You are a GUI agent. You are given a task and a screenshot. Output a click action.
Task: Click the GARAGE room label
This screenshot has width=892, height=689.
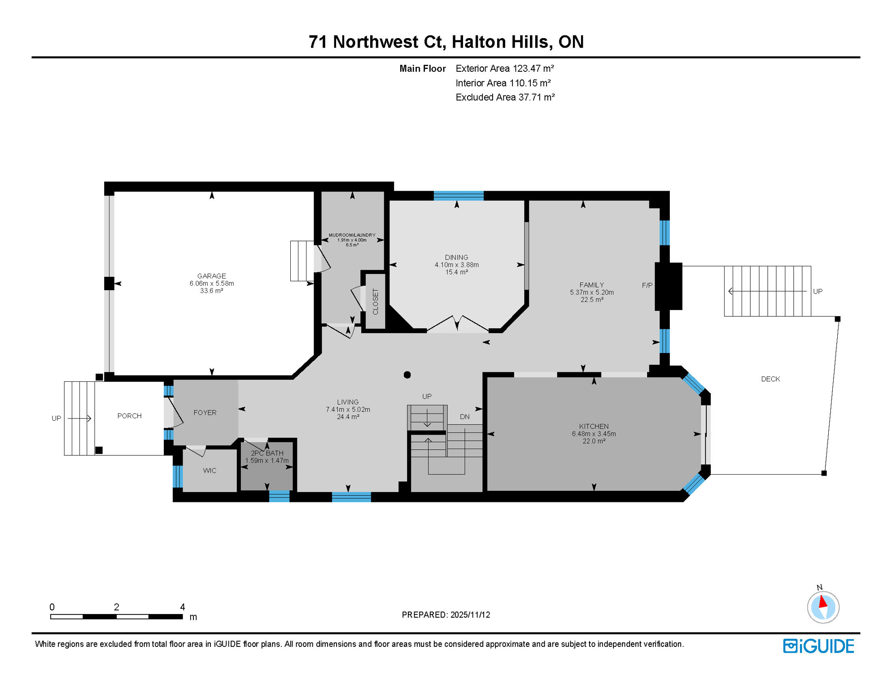pyautogui.click(x=211, y=276)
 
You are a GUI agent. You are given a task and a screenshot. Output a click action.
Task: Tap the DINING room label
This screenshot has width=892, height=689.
pyautogui.click(x=456, y=257)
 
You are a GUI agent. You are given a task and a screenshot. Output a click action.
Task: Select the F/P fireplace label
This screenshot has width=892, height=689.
pyautogui.click(x=647, y=285)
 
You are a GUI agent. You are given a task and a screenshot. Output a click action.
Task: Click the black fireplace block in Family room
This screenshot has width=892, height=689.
pyautogui.click(x=669, y=286)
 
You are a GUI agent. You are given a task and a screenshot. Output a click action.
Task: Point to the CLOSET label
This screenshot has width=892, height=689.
pyautogui.click(x=376, y=301)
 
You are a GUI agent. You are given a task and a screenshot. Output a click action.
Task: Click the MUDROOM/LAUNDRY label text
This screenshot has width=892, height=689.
pyautogui.click(x=352, y=235)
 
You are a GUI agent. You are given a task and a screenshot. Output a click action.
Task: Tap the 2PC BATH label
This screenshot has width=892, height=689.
pyautogui.click(x=267, y=453)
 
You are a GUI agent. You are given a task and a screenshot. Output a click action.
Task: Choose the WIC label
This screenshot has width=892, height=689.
pyautogui.click(x=210, y=471)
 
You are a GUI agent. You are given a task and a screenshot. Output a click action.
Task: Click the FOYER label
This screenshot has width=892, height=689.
pyautogui.click(x=205, y=413)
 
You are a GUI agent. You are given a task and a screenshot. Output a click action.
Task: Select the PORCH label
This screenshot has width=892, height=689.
pyautogui.click(x=130, y=416)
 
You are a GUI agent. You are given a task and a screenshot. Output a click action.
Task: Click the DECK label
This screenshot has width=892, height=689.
pyautogui.click(x=770, y=379)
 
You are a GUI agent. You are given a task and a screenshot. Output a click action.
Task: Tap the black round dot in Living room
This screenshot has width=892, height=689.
pyautogui.click(x=407, y=375)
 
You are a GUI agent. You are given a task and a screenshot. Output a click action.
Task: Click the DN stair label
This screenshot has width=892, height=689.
pyautogui.click(x=464, y=417)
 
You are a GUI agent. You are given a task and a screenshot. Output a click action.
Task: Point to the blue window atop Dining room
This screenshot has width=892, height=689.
pyautogui.click(x=458, y=196)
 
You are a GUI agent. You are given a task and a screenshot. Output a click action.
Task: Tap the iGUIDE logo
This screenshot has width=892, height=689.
pyautogui.click(x=818, y=646)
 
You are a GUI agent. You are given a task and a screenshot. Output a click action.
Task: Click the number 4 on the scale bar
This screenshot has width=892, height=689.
pyautogui.click(x=182, y=607)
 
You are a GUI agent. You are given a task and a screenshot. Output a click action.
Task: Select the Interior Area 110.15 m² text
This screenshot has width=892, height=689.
pyautogui.click(x=503, y=83)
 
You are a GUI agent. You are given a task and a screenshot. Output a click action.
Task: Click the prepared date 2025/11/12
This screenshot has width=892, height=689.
pyautogui.click(x=470, y=615)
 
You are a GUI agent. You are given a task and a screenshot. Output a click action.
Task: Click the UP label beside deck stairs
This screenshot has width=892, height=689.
pyautogui.click(x=818, y=292)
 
